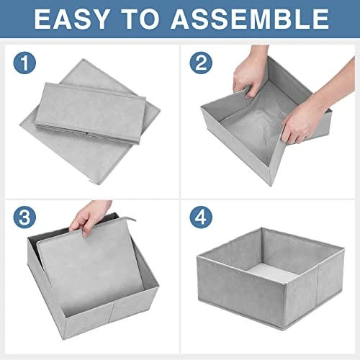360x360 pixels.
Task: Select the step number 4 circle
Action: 200,217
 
